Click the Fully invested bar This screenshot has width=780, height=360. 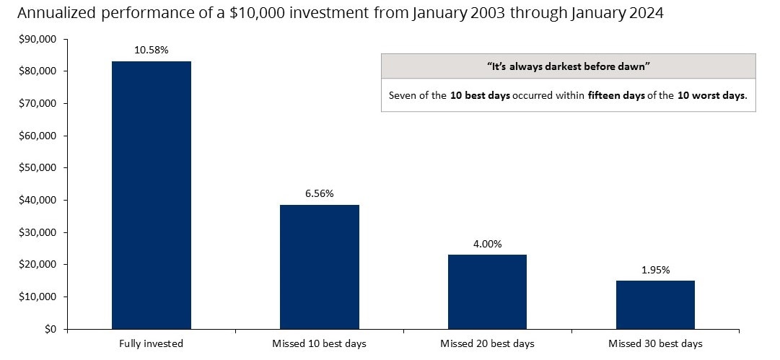[152, 195]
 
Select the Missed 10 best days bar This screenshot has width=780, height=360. [319, 267]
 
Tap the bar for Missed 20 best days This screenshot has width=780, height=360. [487, 291]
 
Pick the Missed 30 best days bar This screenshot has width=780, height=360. [655, 304]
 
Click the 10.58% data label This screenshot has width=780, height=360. [152, 51]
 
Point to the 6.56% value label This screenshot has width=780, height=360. [319, 194]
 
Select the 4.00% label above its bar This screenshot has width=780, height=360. [487, 244]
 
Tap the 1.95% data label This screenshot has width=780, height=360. [655, 270]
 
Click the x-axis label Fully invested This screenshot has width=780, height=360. [152, 343]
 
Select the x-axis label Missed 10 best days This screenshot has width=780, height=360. [319, 343]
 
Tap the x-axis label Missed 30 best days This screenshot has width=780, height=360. [655, 343]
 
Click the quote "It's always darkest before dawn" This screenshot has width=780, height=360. [568, 66]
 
